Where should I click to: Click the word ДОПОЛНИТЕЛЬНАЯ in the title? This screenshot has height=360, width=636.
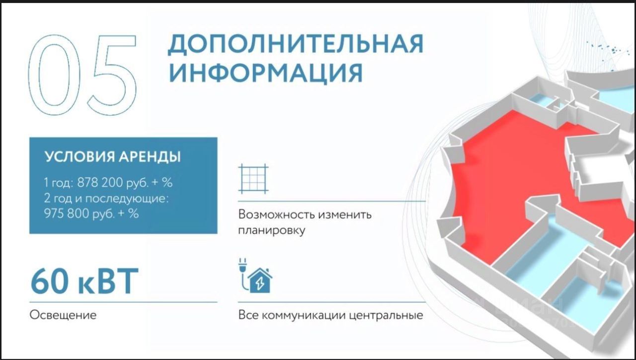[x=296, y=44]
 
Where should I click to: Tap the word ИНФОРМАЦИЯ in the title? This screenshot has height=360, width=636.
[x=266, y=73]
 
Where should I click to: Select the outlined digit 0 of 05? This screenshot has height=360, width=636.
[x=54, y=75]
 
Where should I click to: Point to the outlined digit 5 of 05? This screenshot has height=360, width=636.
[x=112, y=75]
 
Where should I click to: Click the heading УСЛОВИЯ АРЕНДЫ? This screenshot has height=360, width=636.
[x=112, y=156]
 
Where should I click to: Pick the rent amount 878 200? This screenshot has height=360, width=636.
[x=96, y=182]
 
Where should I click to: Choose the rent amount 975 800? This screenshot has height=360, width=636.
[x=67, y=214]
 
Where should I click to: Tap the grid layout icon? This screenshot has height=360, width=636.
[x=253, y=179]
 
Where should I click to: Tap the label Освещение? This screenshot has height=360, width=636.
[x=63, y=315]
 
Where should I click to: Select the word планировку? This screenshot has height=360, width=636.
[x=271, y=230]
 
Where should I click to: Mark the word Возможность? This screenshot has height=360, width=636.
[x=276, y=215]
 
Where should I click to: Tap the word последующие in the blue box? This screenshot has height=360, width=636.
[x=127, y=198]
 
